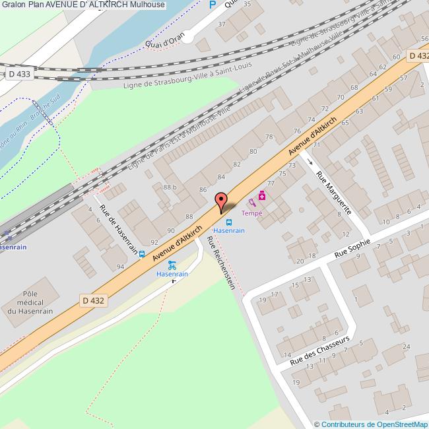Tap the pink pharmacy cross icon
tap(262, 195)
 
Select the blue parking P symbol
tap(212, 5)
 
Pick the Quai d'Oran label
tap(164, 42)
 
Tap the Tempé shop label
tap(252, 213)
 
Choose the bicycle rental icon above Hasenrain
tap(172, 265)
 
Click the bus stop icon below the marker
tap(229, 222)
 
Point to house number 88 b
tap(170, 187)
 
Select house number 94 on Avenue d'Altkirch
tap(120, 267)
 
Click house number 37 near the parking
tap(221, 24)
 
